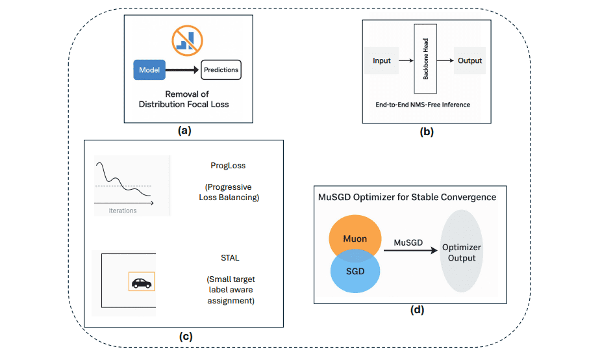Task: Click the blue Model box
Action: [x=149, y=70]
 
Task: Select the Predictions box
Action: [x=221, y=70]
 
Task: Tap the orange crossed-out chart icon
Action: [x=186, y=38]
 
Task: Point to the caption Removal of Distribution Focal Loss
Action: [x=183, y=99]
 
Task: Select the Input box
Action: [x=382, y=60]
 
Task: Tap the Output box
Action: [x=470, y=60]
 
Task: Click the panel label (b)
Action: [x=426, y=131]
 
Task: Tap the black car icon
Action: [x=141, y=283]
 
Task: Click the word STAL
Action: [x=231, y=258]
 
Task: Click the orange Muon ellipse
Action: [x=355, y=238]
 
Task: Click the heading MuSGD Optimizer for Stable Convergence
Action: [x=407, y=197]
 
